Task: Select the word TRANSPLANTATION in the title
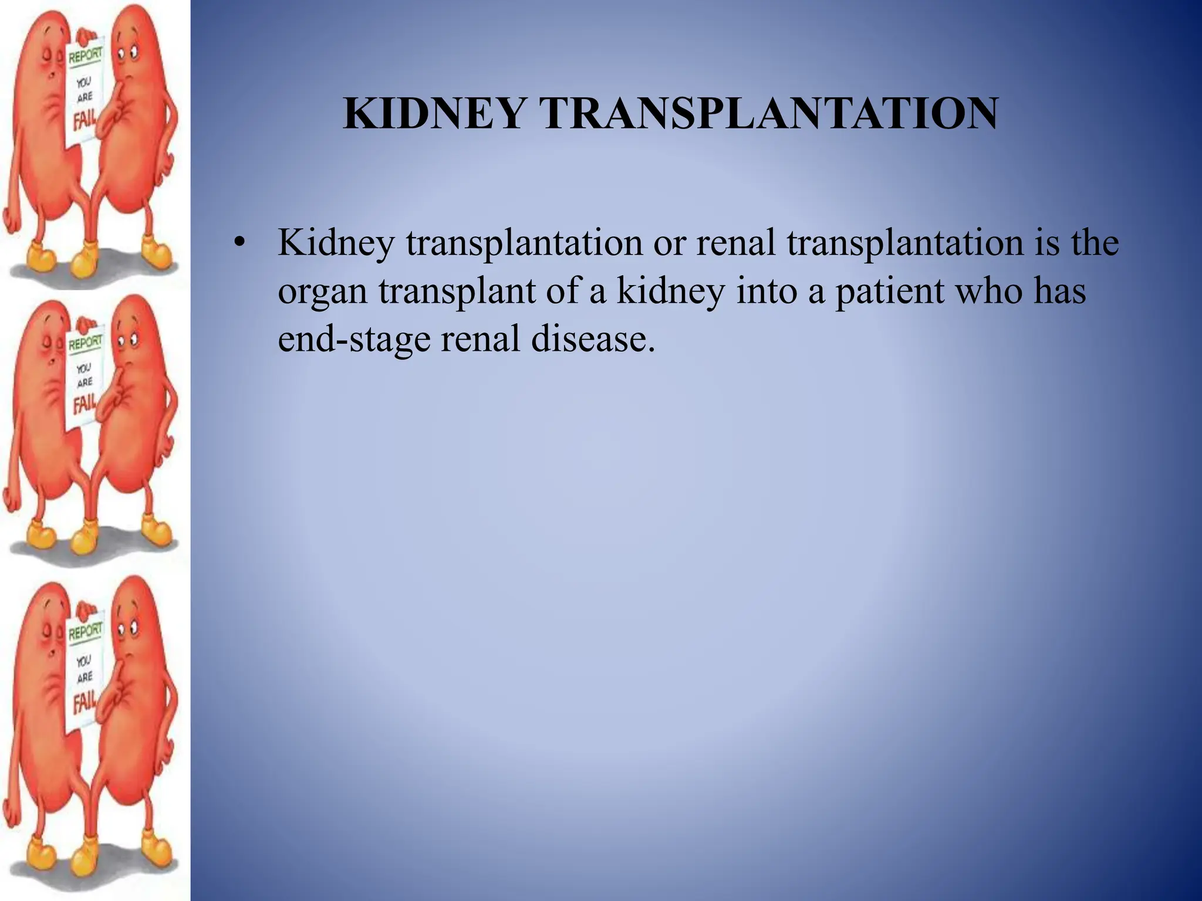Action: pos(769,113)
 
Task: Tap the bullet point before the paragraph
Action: pos(238,243)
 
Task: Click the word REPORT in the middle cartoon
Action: pos(85,342)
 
